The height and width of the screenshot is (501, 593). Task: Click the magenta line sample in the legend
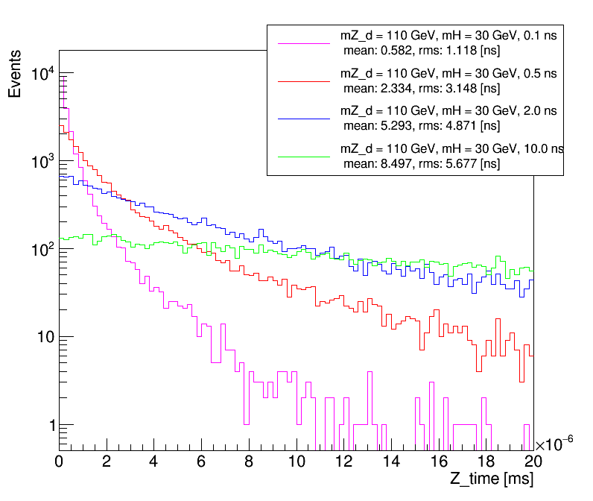click(x=303, y=44)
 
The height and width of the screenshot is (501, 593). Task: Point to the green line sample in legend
click(x=303, y=157)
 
